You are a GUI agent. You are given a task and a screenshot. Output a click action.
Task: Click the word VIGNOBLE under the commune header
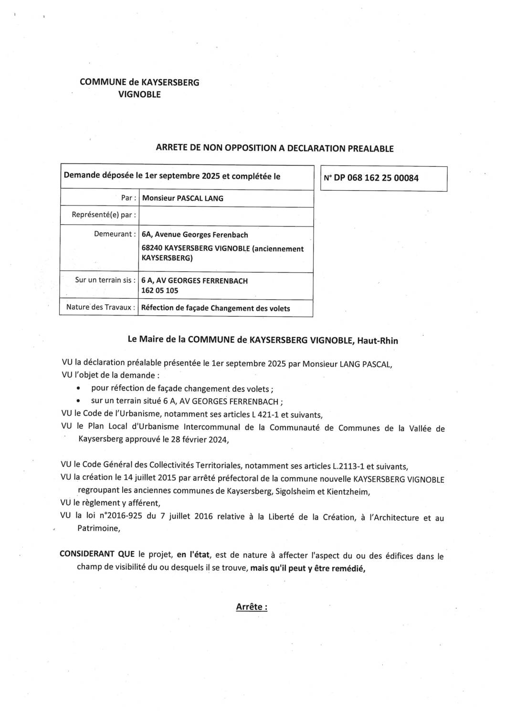pos(139,95)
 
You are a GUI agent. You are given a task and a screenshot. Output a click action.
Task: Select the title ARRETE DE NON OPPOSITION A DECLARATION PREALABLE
pos(274,148)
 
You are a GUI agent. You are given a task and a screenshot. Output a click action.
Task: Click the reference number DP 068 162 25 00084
pos(376,178)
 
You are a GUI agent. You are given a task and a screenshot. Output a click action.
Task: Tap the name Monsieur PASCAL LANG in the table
pos(182,198)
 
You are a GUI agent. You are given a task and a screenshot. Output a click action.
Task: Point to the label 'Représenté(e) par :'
pos(101,215)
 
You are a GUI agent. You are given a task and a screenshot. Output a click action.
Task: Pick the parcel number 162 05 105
pos(160,291)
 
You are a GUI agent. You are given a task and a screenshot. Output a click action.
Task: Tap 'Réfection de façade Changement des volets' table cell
pos(215,308)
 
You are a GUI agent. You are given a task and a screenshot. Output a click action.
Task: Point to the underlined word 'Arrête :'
pos(252,607)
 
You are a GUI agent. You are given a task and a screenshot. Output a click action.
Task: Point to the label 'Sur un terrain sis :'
pos(105,280)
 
